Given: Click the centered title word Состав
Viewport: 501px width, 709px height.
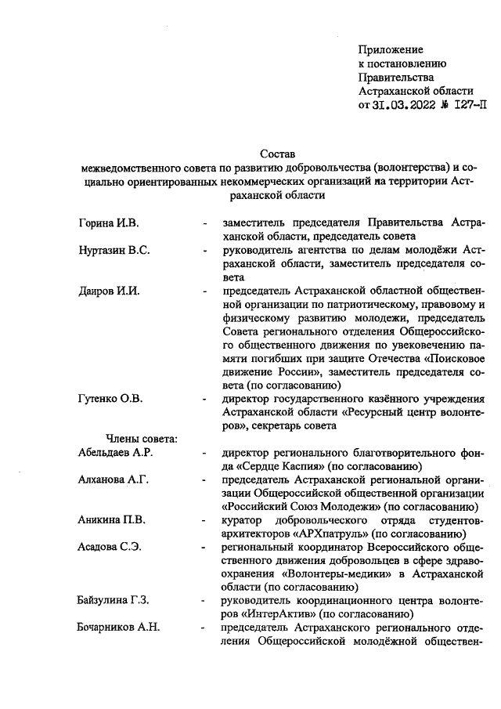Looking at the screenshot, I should click(279, 154).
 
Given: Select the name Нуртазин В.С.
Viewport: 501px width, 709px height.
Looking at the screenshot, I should click(114, 251).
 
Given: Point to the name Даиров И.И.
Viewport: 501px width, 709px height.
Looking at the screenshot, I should click(109, 291).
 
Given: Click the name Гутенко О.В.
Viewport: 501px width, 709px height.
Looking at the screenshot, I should click(110, 400).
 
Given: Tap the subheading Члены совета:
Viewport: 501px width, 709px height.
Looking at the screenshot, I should click(136, 440).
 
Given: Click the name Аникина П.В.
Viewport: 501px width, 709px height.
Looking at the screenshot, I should click(111, 520).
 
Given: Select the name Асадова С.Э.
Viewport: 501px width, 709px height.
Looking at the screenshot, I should click(110, 547).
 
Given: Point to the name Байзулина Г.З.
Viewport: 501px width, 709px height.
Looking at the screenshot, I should click(114, 601).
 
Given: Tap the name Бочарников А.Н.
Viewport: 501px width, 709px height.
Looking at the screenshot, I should click(117, 628).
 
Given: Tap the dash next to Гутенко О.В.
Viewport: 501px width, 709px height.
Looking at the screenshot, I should click(204, 400).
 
